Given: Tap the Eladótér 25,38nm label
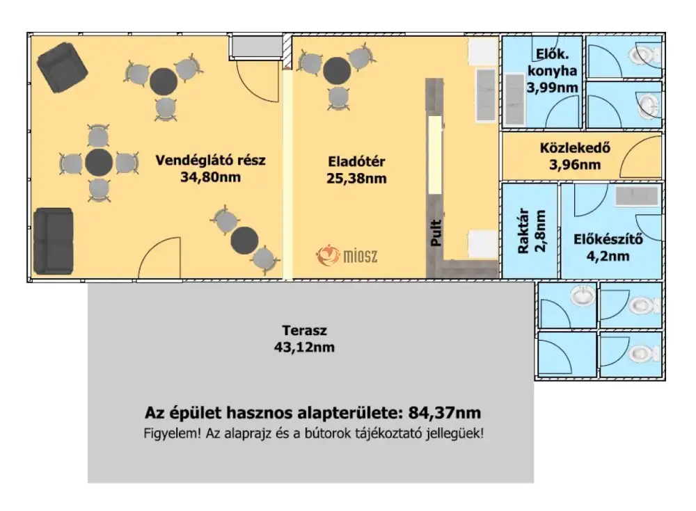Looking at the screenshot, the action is coord(356,170).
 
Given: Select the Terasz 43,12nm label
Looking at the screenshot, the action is coord(305,339).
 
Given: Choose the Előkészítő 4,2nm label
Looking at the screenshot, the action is coord(608,248).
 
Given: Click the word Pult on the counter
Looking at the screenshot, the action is coord(436,232).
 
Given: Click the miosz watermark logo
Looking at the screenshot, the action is coord(347,256).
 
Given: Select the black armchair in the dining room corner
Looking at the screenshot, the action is coord(62,67).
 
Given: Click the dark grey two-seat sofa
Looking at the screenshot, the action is coord(54,241).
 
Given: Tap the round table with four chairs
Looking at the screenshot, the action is coord(99,163).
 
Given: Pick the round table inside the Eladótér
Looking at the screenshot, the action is coord(337,70).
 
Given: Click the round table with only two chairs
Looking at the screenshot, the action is coord(244,241).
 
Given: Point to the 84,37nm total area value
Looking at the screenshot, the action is coord(444,413).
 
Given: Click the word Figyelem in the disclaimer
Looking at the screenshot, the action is coord(172,433).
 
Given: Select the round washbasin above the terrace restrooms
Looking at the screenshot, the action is coord(583,296).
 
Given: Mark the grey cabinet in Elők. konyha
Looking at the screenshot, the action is coord(514,99).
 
